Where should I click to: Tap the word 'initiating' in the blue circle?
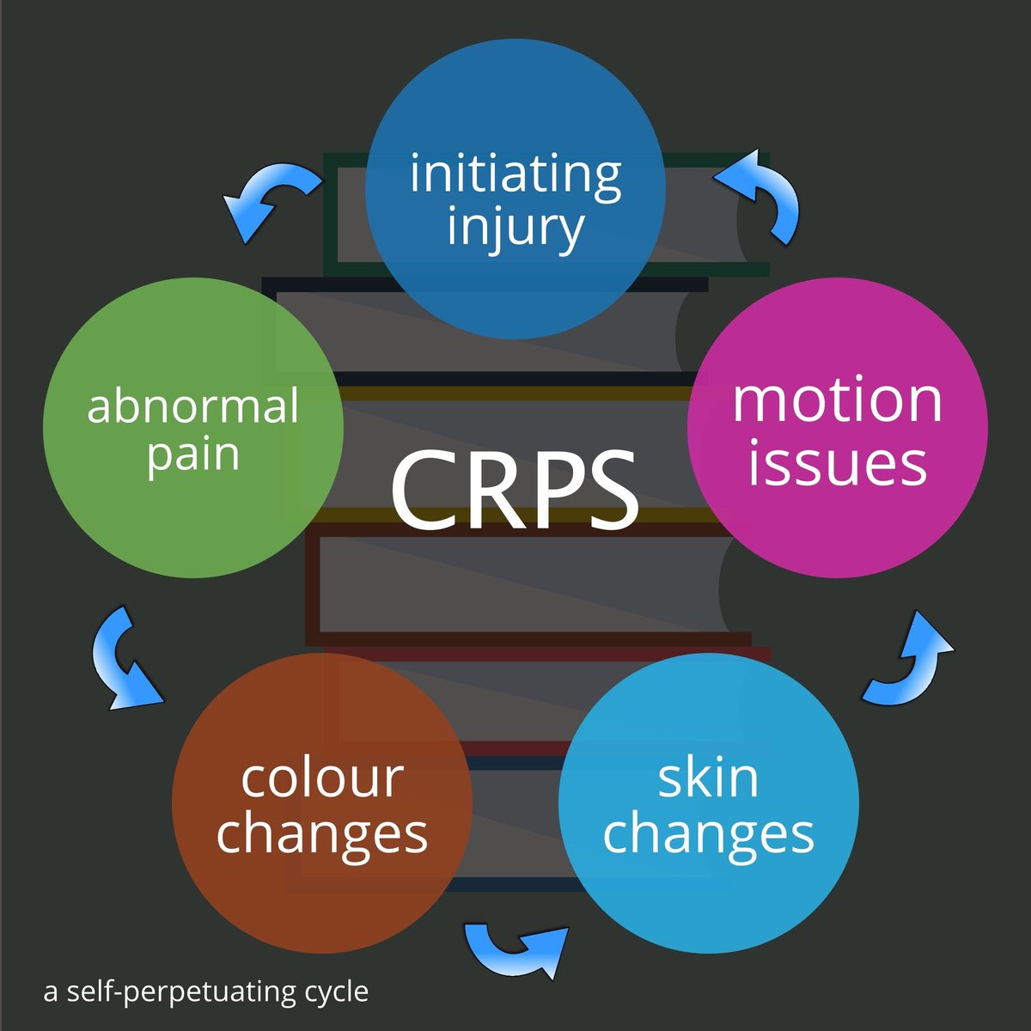515,174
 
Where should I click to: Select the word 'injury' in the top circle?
515,228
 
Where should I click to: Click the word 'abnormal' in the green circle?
193,406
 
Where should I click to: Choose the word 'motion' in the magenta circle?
838,400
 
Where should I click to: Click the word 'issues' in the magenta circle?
838,464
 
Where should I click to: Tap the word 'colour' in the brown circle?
322,778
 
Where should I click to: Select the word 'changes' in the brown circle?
322,833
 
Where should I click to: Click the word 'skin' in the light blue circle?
709,778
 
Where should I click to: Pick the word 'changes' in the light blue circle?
709,833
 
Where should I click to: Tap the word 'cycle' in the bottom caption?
337,992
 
